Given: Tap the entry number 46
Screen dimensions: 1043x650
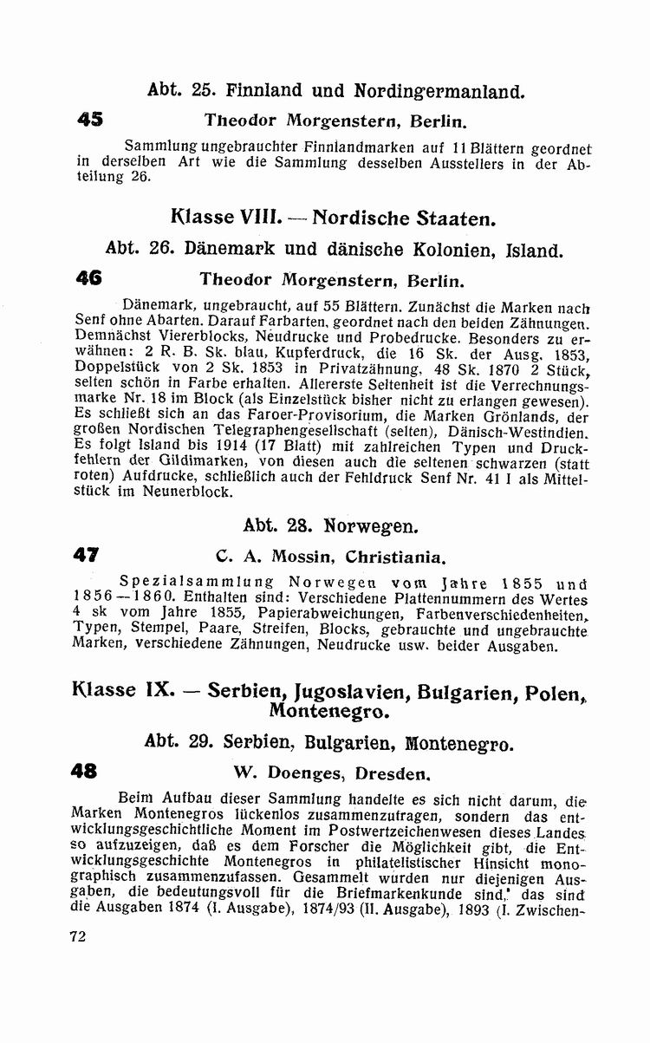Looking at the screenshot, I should [89, 280].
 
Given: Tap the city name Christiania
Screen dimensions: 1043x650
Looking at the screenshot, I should [397, 556].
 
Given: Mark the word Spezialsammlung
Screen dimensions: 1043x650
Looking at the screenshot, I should [197, 583].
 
